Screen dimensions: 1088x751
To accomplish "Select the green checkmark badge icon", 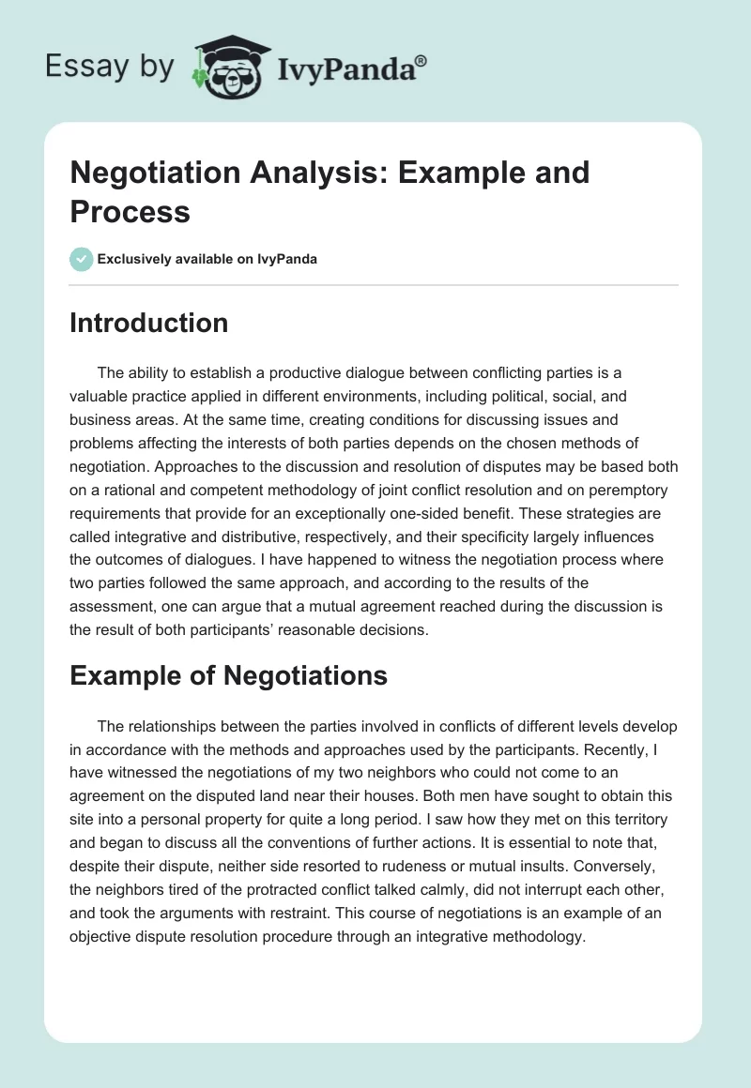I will (82, 259).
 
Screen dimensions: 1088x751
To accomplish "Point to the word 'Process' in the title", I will (130, 211).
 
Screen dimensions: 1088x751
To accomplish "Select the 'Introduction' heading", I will (149, 323).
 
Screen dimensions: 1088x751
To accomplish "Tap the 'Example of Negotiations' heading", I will (229, 675).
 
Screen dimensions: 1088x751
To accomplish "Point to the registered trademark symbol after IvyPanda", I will (421, 59).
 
